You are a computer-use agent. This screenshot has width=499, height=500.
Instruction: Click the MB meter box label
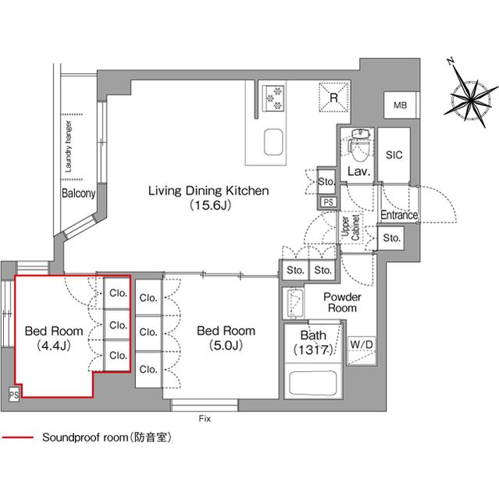point(401,105)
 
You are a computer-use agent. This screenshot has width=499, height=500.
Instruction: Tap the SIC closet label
point(394,155)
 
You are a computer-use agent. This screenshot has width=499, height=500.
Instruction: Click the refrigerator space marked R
point(333,97)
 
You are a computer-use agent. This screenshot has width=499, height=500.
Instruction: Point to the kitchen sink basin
point(273,142)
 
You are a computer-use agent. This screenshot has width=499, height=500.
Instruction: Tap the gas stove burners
point(273,98)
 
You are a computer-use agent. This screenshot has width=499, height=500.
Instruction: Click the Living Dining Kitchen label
point(209,191)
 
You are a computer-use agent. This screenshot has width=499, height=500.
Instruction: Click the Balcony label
point(78,193)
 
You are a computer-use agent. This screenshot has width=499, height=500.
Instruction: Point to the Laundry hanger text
point(68,147)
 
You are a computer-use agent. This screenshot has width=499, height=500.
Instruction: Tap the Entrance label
point(399,215)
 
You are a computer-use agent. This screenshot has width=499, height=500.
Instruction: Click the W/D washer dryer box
point(362,351)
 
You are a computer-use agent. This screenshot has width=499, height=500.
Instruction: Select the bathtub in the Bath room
point(312,383)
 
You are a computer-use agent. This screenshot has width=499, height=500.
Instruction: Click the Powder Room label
point(342,302)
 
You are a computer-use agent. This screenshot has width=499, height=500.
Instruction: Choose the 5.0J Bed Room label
point(226,338)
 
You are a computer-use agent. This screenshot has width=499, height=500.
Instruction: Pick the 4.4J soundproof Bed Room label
point(54,338)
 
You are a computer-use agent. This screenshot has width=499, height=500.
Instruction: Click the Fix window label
point(205,419)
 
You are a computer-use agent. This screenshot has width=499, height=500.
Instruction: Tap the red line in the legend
point(17,437)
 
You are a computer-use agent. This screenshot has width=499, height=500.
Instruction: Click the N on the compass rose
point(451,61)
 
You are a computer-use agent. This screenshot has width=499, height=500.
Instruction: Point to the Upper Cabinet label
point(350,227)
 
